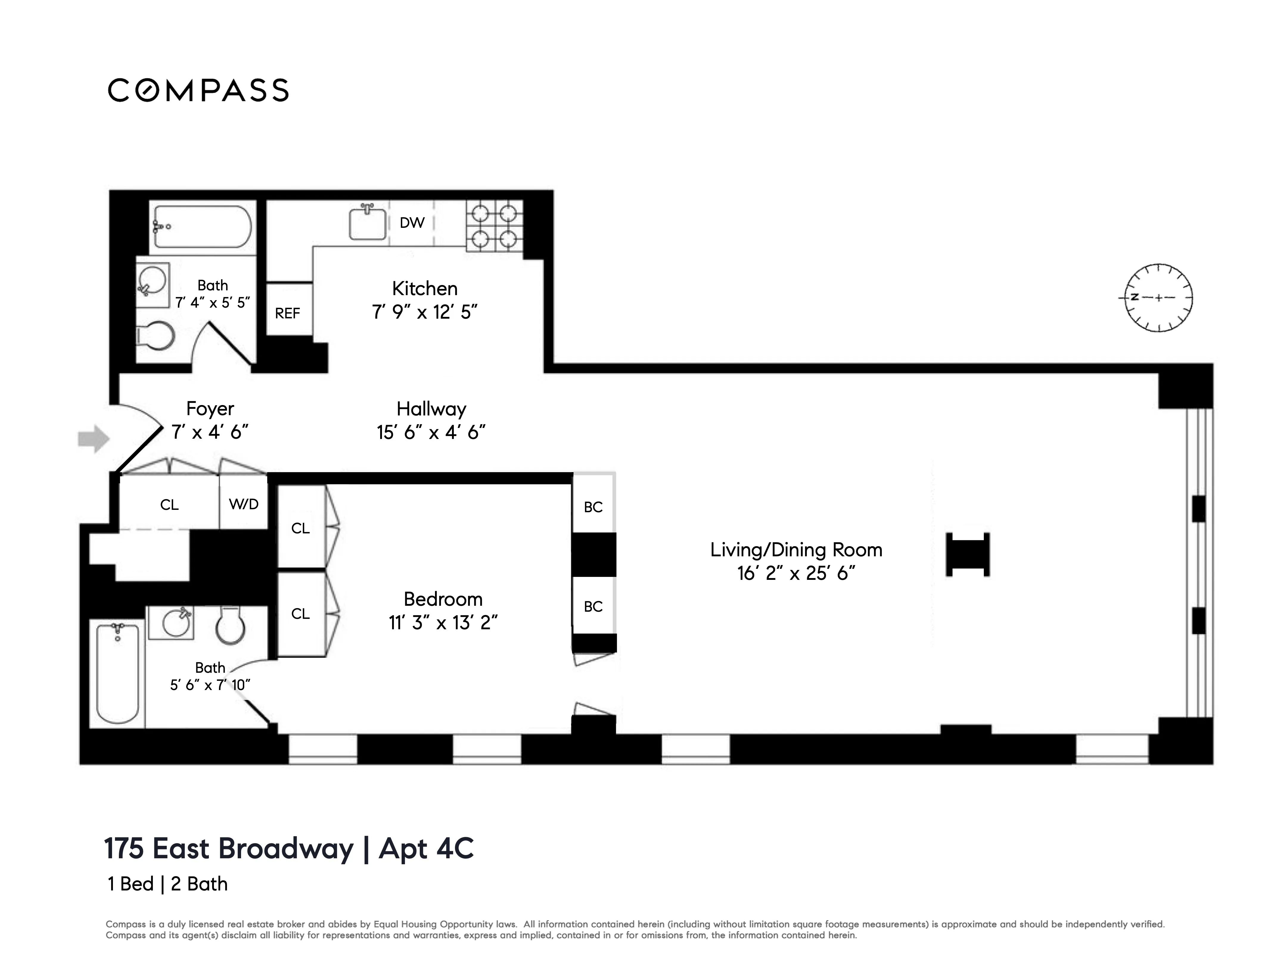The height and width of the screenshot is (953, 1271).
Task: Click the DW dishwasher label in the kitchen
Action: coord(412,223)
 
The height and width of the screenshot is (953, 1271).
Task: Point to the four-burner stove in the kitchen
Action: coord(494,226)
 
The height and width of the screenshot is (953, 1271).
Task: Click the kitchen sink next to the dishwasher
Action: coord(368,223)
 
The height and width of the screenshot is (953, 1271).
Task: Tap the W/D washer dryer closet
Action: coord(244,504)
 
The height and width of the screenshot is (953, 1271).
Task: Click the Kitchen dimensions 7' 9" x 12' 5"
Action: coord(425,312)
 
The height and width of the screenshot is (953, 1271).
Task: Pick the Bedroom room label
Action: coord(443,599)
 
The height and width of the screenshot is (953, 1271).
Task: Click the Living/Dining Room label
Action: coord(796,550)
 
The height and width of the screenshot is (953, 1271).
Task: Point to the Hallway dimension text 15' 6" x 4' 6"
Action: coord(431,432)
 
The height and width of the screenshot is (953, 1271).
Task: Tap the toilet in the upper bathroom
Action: coord(155,336)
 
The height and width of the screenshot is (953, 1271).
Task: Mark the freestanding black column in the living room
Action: coord(968,554)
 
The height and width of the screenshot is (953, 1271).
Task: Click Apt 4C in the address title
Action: coord(426,848)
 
